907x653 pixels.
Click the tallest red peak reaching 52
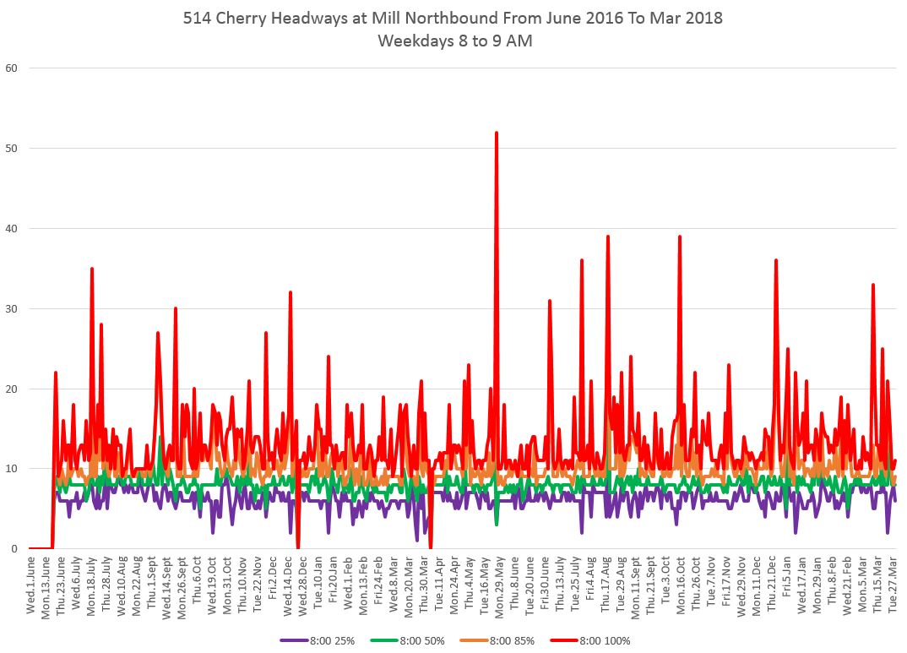497,133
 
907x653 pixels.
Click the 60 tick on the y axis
12,68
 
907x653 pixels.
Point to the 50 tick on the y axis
12,148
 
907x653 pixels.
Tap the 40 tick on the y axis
12,228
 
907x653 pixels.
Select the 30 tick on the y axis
12,308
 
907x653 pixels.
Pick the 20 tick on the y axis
12,389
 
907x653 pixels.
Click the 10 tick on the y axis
12,469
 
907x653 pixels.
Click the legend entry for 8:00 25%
329,639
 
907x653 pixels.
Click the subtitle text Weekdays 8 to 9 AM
454,40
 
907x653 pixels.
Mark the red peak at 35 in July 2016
92,269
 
